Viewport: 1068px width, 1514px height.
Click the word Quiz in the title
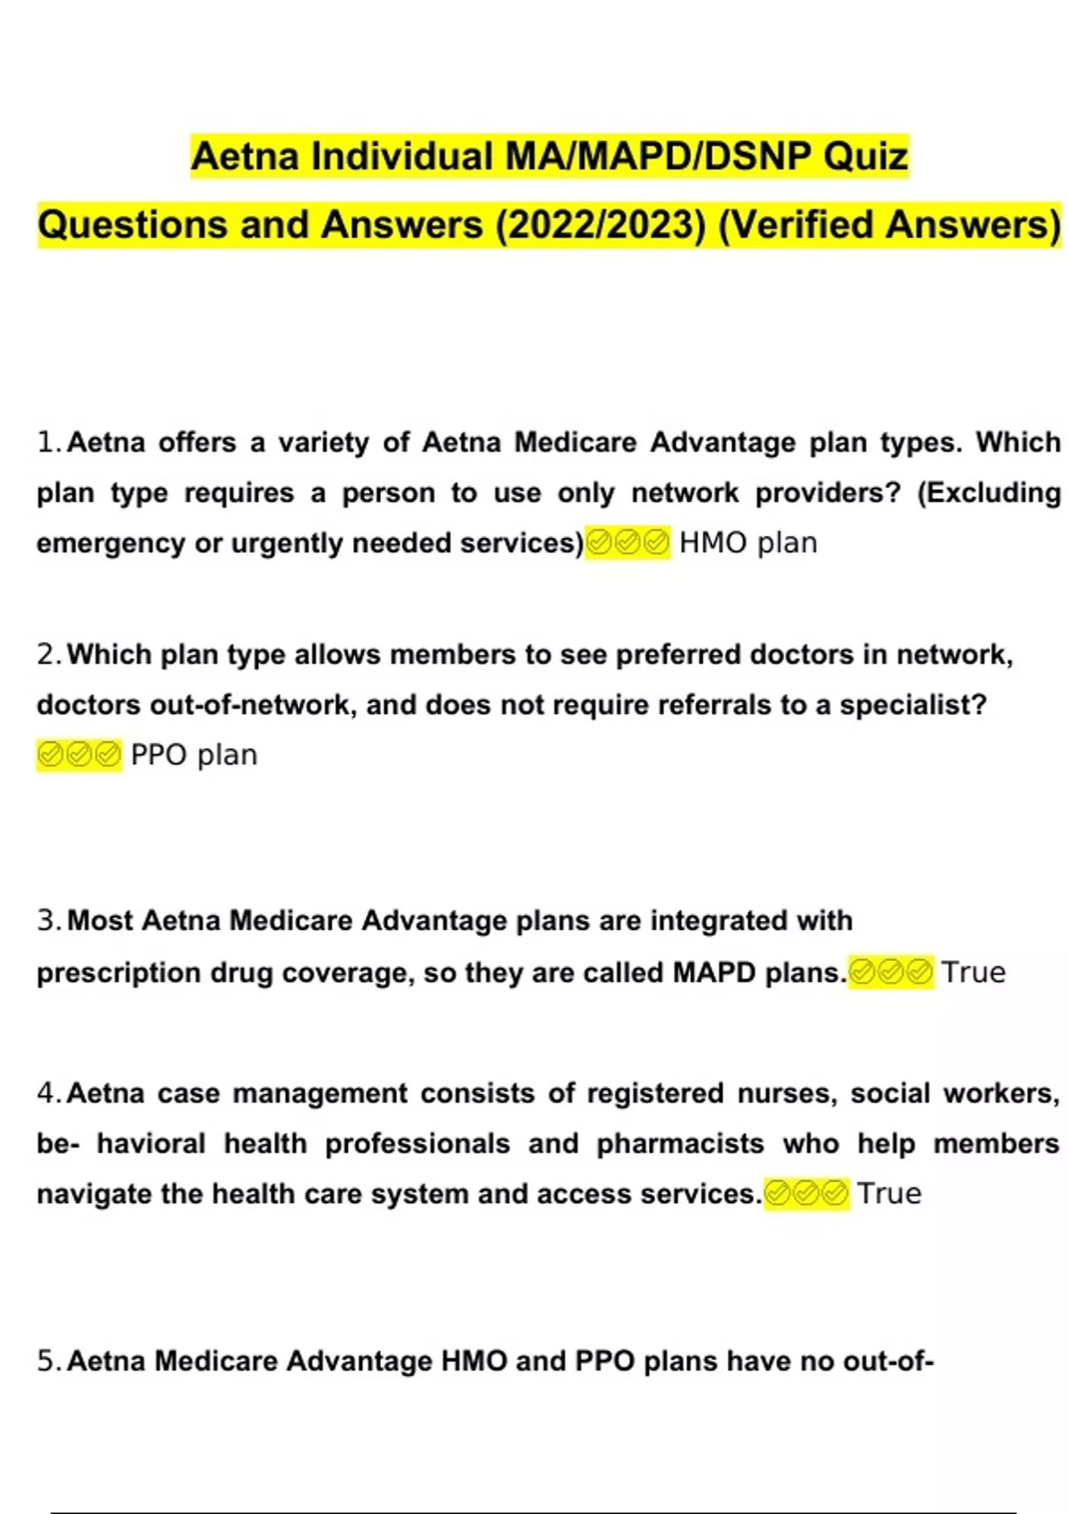click(x=865, y=157)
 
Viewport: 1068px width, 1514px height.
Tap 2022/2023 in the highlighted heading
click(x=601, y=225)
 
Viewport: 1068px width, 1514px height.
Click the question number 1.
click(x=48, y=443)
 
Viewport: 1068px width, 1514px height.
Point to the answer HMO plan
click(x=748, y=542)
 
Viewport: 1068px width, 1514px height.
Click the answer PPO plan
click(x=194, y=755)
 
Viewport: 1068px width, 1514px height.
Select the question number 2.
click(x=48, y=655)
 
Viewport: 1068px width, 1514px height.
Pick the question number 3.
click(x=48, y=920)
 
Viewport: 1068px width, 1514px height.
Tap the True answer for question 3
click(x=974, y=973)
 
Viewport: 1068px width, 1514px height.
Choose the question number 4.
click(x=48, y=1093)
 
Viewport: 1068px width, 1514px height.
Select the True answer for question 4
click(x=889, y=1193)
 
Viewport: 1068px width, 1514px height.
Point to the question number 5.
click(x=48, y=1361)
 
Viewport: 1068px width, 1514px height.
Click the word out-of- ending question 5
click(x=886, y=1361)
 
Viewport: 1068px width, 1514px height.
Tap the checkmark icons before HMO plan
click(x=627, y=542)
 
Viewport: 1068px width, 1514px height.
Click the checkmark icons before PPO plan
click(x=79, y=755)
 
